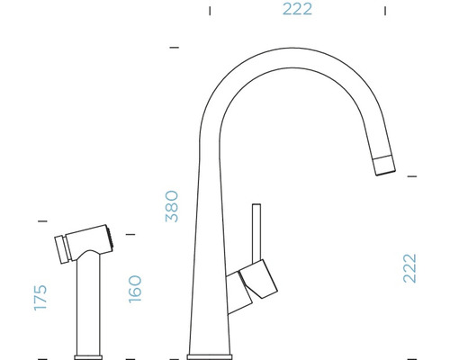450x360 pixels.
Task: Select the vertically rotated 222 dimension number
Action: click(410, 267)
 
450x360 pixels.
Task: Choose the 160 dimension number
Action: click(135, 289)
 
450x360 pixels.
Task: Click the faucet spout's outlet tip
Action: click(382, 165)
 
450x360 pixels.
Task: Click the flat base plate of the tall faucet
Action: click(211, 350)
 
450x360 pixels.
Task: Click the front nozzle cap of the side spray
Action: click(63, 247)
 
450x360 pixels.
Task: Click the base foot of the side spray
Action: click(91, 352)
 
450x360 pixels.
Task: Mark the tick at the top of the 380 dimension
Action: click(174, 46)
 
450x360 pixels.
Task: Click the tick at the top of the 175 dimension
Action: click(41, 220)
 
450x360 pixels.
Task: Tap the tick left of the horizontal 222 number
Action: click(210, 12)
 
